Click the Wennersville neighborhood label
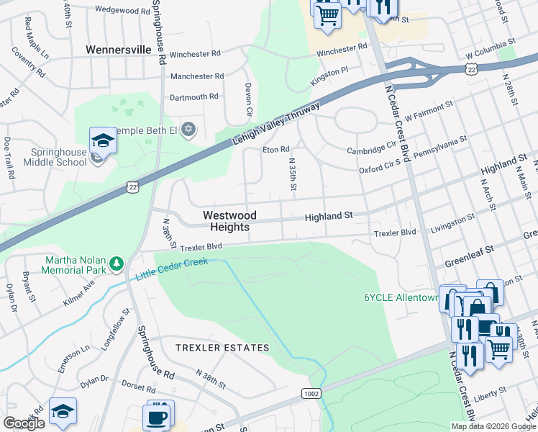[118, 50]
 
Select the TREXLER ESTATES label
[223, 348]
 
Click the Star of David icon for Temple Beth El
[189, 130]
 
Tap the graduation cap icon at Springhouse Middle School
[103, 141]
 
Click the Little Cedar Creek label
[171, 269]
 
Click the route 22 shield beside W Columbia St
[470, 68]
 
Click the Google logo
[24, 423]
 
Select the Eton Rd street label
[275, 150]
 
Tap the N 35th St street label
[292, 175]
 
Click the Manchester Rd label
[196, 76]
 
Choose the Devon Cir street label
[249, 97]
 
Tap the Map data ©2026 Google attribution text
[493, 426]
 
